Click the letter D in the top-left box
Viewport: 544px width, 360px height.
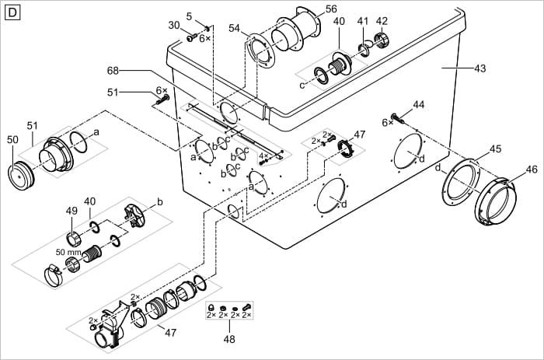pyautogui.click(x=12, y=12)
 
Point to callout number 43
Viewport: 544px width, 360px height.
pyautogui.click(x=479, y=69)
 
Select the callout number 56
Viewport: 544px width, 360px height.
pyautogui.click(x=331, y=9)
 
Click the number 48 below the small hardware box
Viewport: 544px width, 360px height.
pyautogui.click(x=228, y=338)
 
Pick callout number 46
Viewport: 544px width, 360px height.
pyautogui.click(x=532, y=169)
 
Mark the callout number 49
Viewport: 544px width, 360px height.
pyautogui.click(x=71, y=211)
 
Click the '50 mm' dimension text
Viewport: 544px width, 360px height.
pyautogui.click(x=68, y=252)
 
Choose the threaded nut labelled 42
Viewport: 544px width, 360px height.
pyautogui.click(x=382, y=40)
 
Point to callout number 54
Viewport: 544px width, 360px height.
pyautogui.click(x=234, y=27)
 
